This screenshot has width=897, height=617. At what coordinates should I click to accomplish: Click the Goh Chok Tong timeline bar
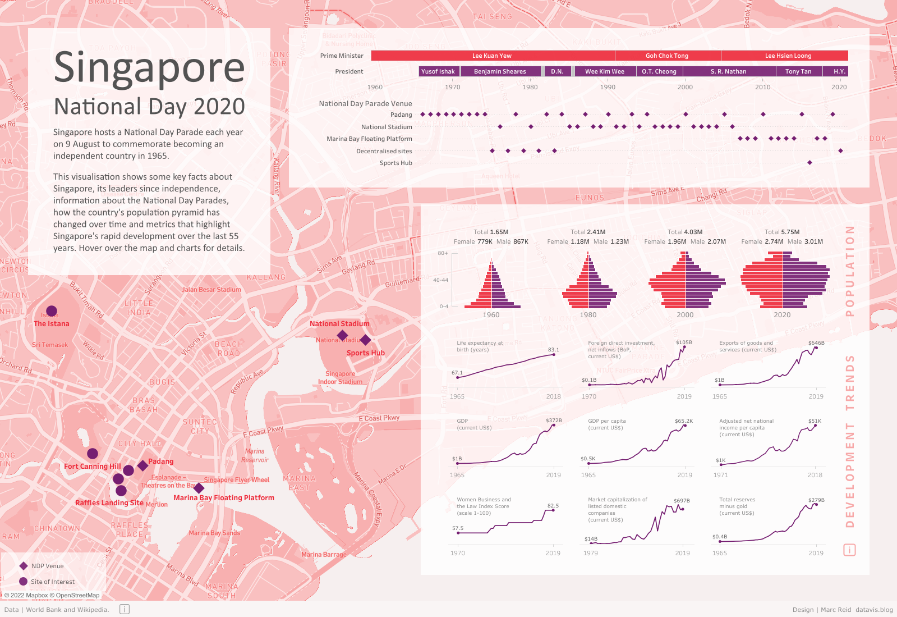point(667,56)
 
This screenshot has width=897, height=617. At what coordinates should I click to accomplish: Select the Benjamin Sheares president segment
point(500,71)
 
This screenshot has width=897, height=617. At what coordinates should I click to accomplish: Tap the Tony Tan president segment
point(798,71)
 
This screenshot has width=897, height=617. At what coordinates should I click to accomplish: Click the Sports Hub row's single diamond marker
point(809,163)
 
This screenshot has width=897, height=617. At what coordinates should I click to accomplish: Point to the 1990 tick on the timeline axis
point(608,87)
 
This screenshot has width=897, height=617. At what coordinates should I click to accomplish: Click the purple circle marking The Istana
point(52,311)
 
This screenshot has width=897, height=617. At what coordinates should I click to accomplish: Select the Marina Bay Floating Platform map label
point(224,498)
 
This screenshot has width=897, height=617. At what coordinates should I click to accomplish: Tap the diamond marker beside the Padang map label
point(142,465)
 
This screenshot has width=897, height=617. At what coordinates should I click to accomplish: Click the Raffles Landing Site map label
point(109,503)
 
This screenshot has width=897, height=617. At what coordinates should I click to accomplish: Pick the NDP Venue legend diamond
point(24,566)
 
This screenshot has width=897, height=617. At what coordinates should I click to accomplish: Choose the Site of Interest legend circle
point(24,582)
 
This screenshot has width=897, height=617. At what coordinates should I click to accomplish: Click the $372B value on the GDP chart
point(554,421)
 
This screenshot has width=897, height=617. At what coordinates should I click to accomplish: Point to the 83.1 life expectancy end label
point(553,350)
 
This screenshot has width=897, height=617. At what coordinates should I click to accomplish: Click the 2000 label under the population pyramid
point(685,315)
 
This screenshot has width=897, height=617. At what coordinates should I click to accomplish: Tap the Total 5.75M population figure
point(782,232)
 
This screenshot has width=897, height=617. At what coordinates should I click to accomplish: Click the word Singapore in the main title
point(149,68)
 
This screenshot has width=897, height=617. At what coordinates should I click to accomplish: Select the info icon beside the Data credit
point(125,609)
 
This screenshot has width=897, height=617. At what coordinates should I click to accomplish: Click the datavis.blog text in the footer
point(874,610)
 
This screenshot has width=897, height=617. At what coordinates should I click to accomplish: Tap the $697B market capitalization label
point(682,501)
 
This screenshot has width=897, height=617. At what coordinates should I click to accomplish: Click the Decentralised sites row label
point(384,151)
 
